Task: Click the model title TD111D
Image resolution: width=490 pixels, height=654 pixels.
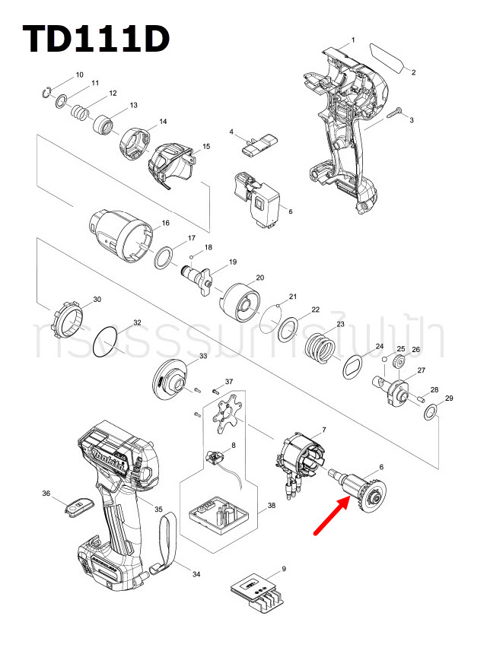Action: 96,40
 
